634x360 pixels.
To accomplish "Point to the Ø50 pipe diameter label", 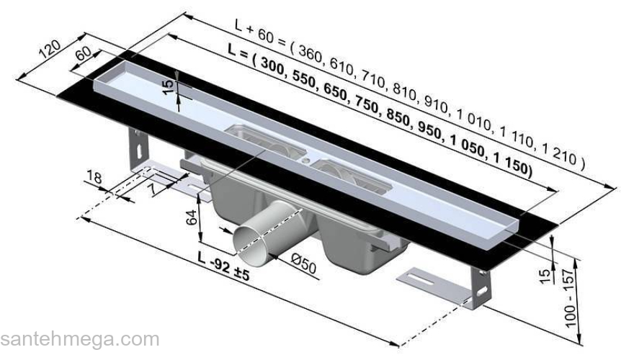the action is click(x=303, y=265).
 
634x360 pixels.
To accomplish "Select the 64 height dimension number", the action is click(x=192, y=217).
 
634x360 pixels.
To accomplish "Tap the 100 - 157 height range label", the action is click(x=569, y=299).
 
